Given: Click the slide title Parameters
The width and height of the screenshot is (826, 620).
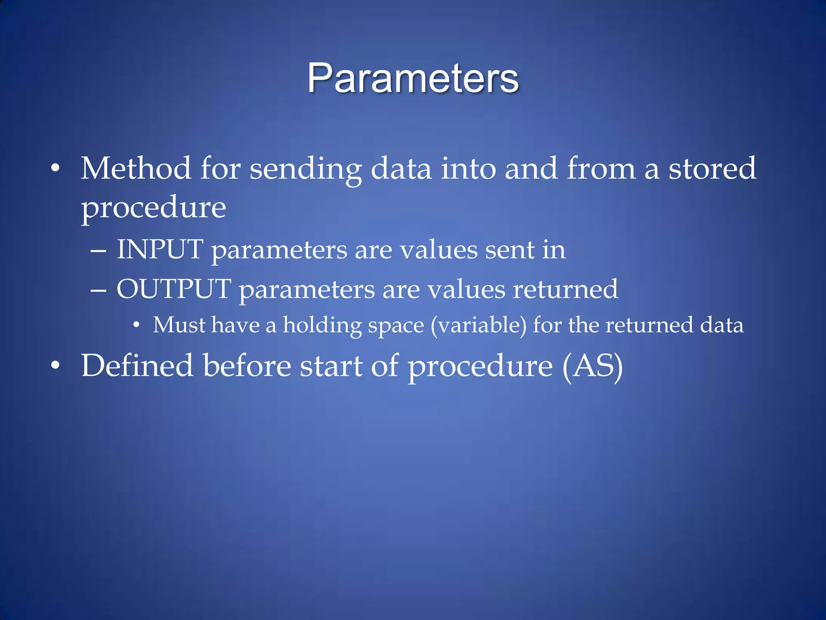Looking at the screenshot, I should point(413,78).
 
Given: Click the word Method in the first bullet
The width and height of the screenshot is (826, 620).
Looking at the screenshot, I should point(136,168).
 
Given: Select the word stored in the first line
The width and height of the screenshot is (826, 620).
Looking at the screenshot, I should point(712,168).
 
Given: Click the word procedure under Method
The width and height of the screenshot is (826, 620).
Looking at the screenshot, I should point(153,208).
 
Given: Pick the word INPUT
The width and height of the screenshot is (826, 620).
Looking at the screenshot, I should point(160,249).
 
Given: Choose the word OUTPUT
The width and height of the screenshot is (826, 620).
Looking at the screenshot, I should point(174,289).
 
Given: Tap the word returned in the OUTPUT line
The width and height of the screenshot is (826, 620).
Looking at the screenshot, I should point(565,289).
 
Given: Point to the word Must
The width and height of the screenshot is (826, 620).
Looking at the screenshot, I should point(179,325).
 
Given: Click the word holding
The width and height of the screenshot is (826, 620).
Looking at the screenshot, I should point(322,326).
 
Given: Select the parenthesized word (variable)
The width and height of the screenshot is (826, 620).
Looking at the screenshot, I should point(478,325).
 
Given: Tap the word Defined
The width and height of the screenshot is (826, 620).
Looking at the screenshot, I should point(137,366).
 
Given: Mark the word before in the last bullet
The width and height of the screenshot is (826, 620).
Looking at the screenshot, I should point(246,366).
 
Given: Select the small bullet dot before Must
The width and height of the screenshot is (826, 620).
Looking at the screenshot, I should point(136,325).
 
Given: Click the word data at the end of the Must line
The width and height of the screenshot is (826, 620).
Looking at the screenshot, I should point(722,325).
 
